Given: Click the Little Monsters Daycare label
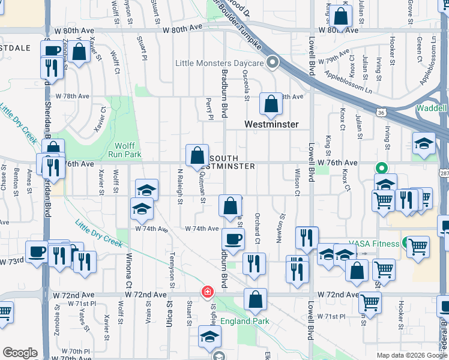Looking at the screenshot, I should pyautogui.click(x=220, y=63).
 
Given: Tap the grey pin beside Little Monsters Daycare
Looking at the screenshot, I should pyautogui.click(x=272, y=62).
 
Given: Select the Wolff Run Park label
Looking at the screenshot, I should pyautogui.click(x=124, y=149).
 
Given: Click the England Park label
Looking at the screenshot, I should pyautogui.click(x=245, y=321).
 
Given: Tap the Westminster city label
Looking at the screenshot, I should pyautogui.click(x=271, y=124).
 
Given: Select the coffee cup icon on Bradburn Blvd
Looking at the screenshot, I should pyautogui.click(x=234, y=239).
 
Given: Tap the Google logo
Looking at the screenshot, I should pyautogui.click(x=20, y=353).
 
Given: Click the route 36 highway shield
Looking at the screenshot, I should pyautogui.click(x=381, y=112).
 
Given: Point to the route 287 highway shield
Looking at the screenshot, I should pyautogui.click(x=444, y=173).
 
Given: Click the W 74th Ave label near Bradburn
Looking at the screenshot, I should pyautogui.click(x=202, y=229).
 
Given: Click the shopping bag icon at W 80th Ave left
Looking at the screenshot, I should pyautogui.click(x=79, y=51).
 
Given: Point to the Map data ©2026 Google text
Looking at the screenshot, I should pyautogui.click(x=411, y=355).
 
